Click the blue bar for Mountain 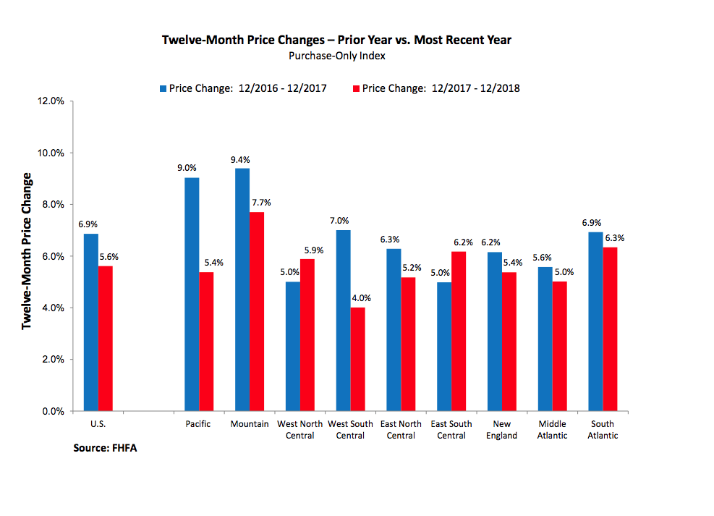coord(242,289)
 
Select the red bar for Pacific coord(206,341)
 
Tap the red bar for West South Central coord(357,359)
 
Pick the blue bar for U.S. coord(90,322)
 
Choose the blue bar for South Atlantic coord(595,321)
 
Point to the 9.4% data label coord(240,159)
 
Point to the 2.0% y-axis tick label coord(53,360)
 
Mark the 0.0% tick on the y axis coord(53,411)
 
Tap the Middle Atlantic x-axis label coord(552,430)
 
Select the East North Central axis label coord(400,430)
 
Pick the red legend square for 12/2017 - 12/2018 coord(355,89)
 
